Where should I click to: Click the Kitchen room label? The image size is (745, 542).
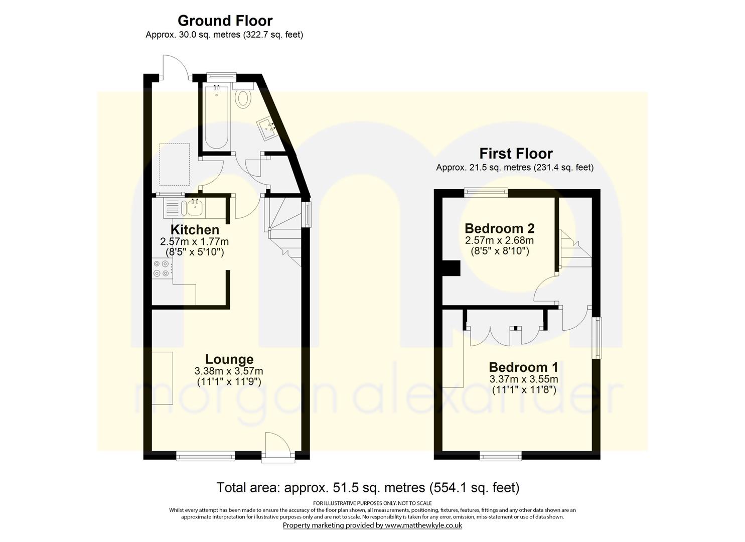pos(195,230)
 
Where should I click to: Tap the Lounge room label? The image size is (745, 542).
pos(229,359)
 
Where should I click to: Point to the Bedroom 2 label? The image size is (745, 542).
pos(499,228)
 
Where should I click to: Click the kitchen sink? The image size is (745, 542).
pos(194,206)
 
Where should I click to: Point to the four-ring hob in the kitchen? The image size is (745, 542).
pos(162,268)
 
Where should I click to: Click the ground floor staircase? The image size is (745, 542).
pos(283,226)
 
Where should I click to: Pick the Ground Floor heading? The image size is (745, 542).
pos(225,21)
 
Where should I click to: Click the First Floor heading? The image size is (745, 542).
pos(516,153)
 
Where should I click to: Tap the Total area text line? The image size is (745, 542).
pos(368,487)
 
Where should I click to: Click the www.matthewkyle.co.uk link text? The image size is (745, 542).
pos(423,525)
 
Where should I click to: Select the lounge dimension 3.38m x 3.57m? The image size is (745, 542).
pos(229,371)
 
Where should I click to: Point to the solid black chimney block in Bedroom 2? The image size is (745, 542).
pos(451,268)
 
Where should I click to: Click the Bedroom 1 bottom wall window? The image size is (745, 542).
pos(500,456)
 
